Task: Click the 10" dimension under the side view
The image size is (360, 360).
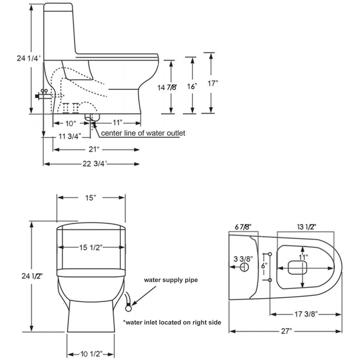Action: point(71,123)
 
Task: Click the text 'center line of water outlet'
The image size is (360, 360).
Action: point(143,133)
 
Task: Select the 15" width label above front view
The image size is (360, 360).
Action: point(91,198)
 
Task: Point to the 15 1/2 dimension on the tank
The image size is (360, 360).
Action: point(92,247)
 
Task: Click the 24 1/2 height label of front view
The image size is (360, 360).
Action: point(19,276)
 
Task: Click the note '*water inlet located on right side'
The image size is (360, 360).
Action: point(172,322)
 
